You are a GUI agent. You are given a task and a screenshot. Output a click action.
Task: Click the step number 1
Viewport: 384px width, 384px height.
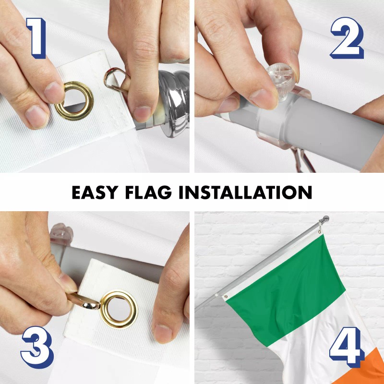(x=36, y=37)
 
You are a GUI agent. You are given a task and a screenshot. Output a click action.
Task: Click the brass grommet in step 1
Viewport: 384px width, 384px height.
(x=74, y=101)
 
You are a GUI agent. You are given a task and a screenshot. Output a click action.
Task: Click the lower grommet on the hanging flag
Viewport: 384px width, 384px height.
(x=225, y=296)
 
